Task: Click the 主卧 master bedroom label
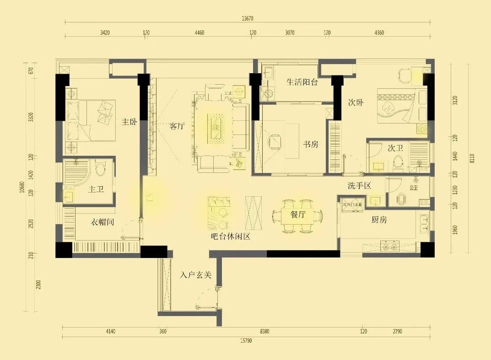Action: (x=129, y=122)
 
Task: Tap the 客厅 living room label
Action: (x=177, y=126)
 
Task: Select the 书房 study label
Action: (x=311, y=145)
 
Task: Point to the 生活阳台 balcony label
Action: (x=302, y=82)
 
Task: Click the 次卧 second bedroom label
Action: (x=356, y=103)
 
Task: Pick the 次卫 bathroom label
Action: (x=395, y=148)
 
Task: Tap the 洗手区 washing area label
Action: (x=359, y=185)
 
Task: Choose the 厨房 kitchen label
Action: (x=379, y=220)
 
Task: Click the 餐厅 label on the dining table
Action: (x=298, y=214)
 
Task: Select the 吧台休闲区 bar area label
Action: (x=231, y=236)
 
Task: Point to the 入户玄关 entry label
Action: (x=195, y=275)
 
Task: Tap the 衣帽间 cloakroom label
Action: (x=102, y=222)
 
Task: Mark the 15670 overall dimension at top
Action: (x=247, y=19)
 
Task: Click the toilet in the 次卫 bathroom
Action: (x=399, y=162)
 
